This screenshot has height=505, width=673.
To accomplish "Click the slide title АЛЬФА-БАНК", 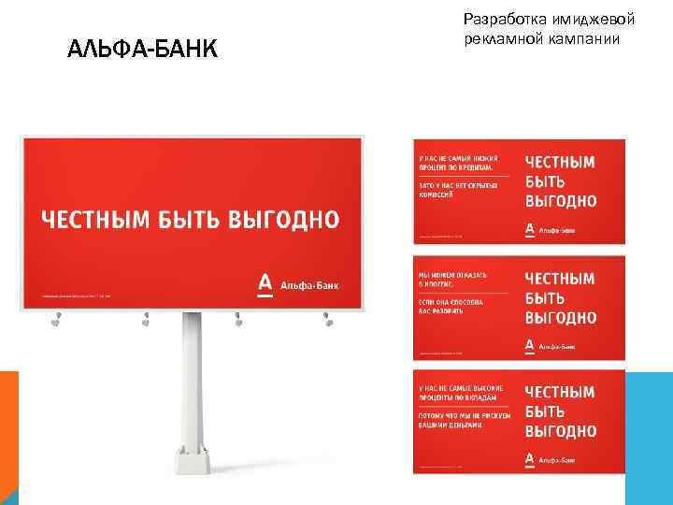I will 142,49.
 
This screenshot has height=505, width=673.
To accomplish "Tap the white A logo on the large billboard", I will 265,283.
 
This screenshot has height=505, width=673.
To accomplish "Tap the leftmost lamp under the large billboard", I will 56,322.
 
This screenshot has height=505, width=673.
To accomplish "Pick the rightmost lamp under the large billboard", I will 328,322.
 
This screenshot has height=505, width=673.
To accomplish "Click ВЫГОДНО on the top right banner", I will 561,201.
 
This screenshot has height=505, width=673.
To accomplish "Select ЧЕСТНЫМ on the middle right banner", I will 560,279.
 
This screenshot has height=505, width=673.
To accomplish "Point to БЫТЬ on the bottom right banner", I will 545,411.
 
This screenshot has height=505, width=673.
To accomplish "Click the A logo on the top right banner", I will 530,228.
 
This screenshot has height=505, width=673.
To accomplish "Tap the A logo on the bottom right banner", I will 530,458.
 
